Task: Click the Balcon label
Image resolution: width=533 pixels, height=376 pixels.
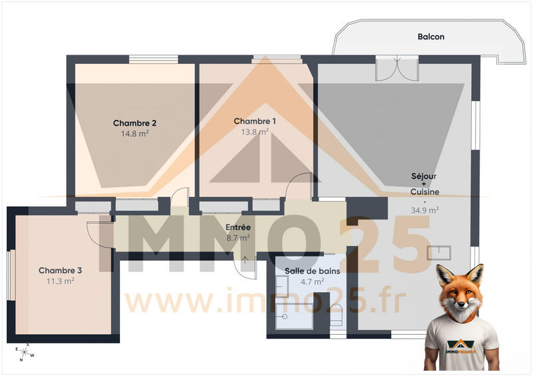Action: (430, 37)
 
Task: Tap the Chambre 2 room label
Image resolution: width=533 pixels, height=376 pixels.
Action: (135, 123)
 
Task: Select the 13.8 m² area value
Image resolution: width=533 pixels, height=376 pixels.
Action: (255, 132)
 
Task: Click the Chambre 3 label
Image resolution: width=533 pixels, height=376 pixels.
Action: (60, 270)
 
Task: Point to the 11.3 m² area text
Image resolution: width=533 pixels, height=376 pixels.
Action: (60, 281)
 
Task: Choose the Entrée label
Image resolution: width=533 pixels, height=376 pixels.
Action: (238, 227)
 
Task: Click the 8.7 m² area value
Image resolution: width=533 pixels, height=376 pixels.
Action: (238, 237)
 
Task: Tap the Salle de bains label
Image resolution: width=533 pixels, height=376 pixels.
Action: (312, 271)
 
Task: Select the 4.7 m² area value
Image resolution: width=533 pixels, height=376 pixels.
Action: (312, 282)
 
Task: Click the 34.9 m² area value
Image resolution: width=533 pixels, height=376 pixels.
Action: (424, 210)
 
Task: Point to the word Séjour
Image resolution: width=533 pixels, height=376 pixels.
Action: (424, 176)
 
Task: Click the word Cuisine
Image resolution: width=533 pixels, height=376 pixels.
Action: (424, 192)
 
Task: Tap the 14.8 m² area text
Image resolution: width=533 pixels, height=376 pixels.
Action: (135, 133)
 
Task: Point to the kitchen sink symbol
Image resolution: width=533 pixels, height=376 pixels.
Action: (439, 253)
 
